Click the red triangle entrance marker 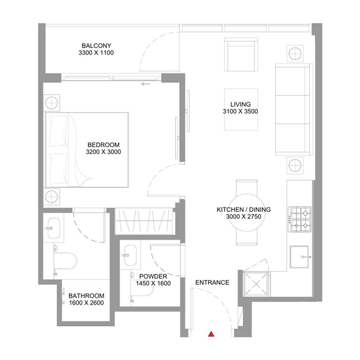210,334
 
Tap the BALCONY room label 96,46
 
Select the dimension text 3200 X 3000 103,152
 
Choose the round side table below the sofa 295,165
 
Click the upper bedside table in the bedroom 52,101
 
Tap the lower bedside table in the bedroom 52,196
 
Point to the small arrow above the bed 145,84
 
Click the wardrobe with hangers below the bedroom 144,221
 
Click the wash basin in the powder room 130,254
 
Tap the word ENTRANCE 212,283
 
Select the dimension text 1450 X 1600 153,284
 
